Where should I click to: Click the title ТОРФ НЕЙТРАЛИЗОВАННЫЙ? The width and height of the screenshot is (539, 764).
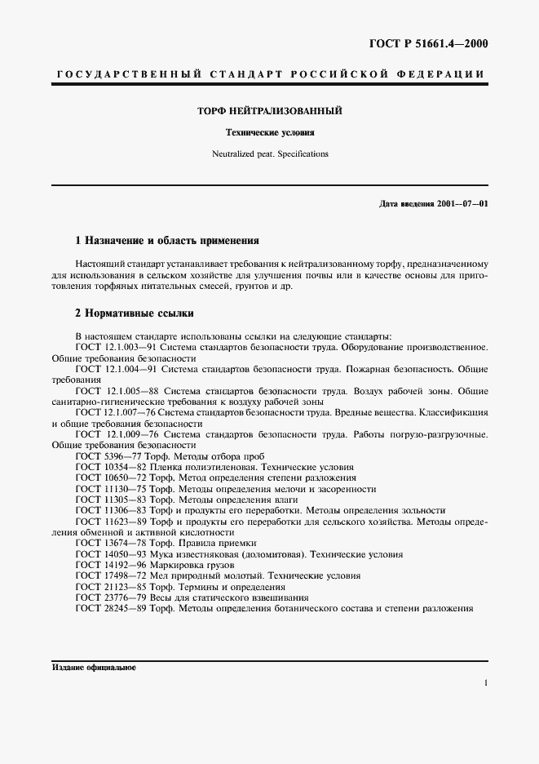(269, 110)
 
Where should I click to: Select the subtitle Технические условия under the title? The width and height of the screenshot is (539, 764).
(269, 131)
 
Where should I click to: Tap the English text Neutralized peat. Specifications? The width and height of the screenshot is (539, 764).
(269, 153)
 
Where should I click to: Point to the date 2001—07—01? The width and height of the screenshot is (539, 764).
(462, 202)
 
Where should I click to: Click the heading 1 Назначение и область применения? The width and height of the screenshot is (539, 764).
(166, 242)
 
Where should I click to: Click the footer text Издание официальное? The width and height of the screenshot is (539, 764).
(94, 667)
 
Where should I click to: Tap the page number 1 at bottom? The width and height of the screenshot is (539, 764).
(486, 683)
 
